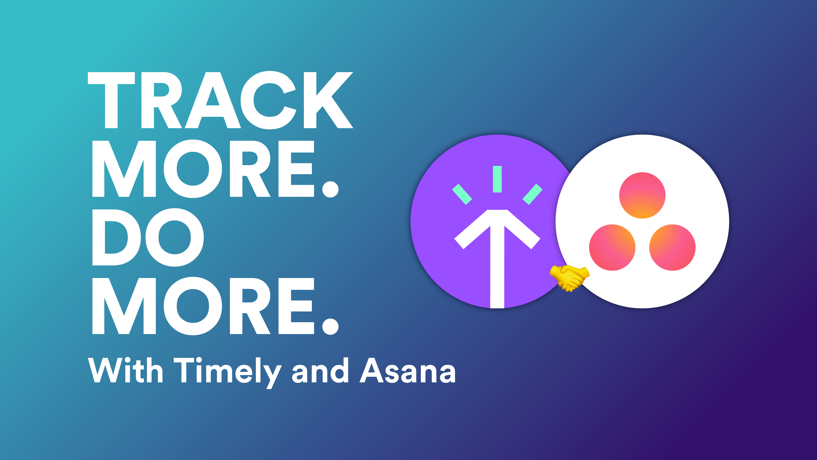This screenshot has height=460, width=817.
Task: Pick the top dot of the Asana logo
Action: coord(642,195)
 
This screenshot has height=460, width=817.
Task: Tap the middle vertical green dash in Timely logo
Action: coord(497,179)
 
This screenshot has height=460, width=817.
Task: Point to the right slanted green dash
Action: coord(532,194)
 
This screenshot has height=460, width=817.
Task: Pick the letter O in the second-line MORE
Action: coord(193,169)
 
